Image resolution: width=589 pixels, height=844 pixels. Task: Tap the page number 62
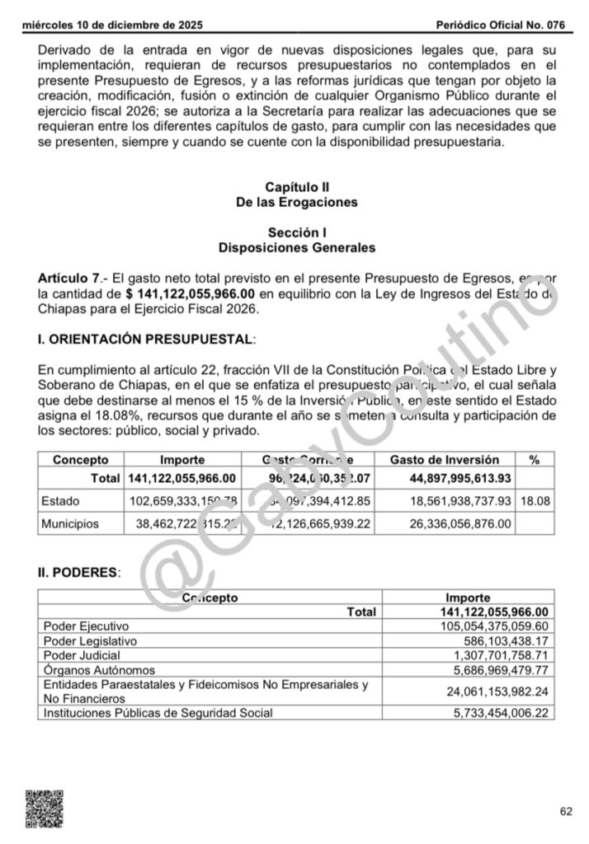point(566,811)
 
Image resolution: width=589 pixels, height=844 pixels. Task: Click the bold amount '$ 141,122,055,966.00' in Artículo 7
point(191,293)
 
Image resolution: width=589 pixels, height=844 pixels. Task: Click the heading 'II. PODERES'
point(80,570)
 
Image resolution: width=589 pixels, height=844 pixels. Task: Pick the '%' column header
point(536,460)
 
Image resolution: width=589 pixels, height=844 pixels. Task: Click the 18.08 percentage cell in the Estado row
point(537,500)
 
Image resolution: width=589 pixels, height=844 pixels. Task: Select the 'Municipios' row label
point(70,523)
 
